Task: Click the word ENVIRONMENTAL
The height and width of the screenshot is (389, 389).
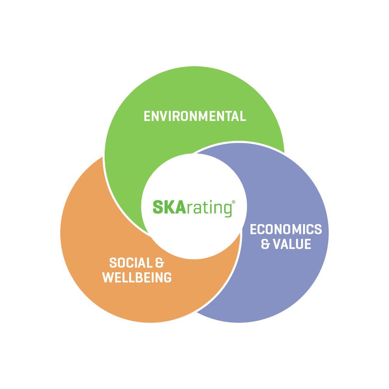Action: [x=195, y=116]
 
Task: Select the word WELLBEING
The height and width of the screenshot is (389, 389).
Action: [x=137, y=277]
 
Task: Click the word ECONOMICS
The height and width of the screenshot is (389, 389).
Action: [x=286, y=229]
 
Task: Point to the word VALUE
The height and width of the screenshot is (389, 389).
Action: [x=292, y=244]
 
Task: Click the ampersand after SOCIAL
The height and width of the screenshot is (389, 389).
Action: [x=159, y=263]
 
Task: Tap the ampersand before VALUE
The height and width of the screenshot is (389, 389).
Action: [x=265, y=244]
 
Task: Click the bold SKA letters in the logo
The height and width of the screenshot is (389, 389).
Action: [x=170, y=207]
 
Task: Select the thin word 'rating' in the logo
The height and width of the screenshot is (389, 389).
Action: [x=209, y=209]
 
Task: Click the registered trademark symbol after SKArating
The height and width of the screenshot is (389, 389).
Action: [x=233, y=202]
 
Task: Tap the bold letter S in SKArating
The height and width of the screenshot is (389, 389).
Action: [x=158, y=207]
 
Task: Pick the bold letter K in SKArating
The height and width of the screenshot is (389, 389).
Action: [x=170, y=207]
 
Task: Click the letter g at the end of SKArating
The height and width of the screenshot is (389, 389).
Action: [x=228, y=210]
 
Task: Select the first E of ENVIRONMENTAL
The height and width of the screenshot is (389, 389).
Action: [x=147, y=116]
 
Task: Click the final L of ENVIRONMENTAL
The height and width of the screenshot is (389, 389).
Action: [x=243, y=116]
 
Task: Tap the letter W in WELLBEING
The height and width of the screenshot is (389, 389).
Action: [x=108, y=277]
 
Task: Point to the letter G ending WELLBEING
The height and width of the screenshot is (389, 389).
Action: [x=168, y=277]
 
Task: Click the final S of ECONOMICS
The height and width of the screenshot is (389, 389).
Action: [x=318, y=229]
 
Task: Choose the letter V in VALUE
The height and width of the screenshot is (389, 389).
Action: [x=277, y=244]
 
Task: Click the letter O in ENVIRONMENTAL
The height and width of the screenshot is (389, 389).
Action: [x=184, y=116]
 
